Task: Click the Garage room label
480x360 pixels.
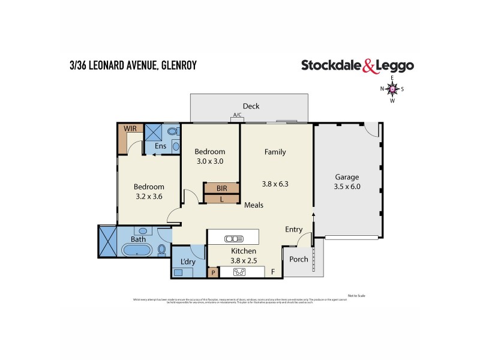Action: click(347, 177)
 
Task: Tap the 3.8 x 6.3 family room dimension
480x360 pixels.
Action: click(275, 184)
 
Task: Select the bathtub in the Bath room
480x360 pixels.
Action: click(138, 250)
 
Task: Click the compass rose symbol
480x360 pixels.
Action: click(392, 89)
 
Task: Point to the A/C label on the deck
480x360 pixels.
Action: click(237, 116)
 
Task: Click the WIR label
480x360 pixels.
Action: click(130, 129)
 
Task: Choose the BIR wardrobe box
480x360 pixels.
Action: click(221, 188)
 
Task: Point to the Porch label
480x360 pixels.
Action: click(298, 259)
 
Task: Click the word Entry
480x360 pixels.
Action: click(294, 229)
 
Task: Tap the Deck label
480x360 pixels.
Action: click(251, 106)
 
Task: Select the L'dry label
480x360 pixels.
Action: click(187, 262)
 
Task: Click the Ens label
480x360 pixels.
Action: click(160, 146)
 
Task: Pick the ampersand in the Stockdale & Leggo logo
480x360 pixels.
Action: click(370, 66)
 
